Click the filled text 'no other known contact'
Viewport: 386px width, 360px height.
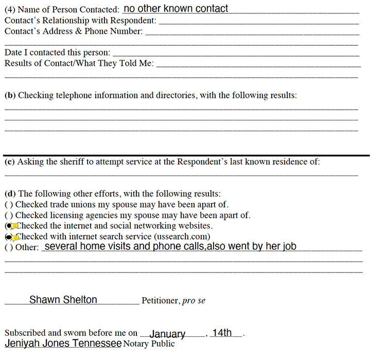pyautogui.click(x=176, y=8)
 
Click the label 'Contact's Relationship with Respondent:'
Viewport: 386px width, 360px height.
pyautogui.click(x=80, y=21)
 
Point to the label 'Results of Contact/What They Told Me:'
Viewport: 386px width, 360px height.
pyautogui.click(x=79, y=63)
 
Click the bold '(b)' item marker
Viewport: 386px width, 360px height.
pyautogui.click(x=10, y=95)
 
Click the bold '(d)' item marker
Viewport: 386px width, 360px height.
pyautogui.click(x=10, y=194)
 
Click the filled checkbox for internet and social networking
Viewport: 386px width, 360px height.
pyautogui.click(x=9, y=226)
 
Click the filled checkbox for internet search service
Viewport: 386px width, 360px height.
pyautogui.click(x=9, y=237)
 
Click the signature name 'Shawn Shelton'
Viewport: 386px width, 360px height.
pyautogui.click(x=63, y=300)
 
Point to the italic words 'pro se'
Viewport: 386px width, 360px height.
pyautogui.click(x=194, y=301)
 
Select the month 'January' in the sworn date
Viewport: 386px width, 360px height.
pyautogui.click(x=167, y=334)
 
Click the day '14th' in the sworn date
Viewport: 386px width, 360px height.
pyautogui.click(x=222, y=333)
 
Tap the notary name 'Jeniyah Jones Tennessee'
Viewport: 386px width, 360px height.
pyautogui.click(x=63, y=344)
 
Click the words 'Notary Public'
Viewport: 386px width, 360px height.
pyautogui.click(x=149, y=344)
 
